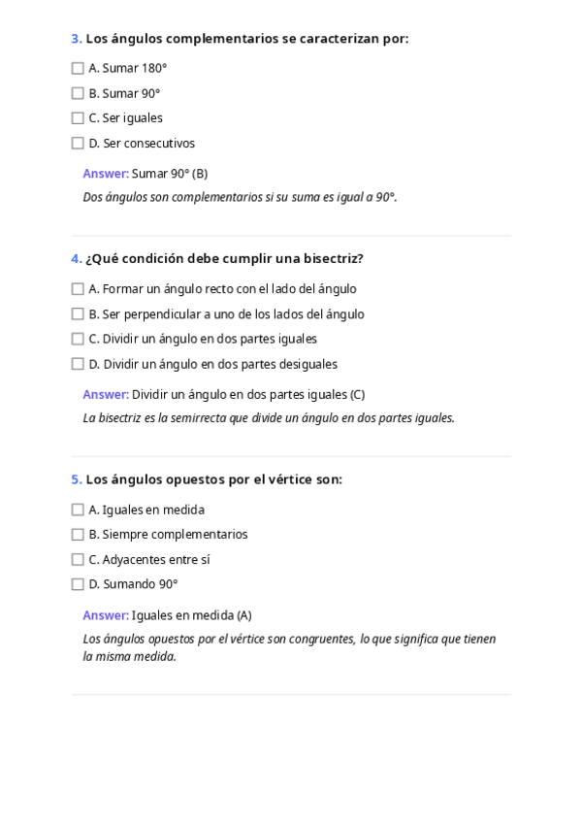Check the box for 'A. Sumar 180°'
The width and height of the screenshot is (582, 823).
pyautogui.click(x=78, y=69)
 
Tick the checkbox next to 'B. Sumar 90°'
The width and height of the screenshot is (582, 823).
pyautogui.click(x=78, y=94)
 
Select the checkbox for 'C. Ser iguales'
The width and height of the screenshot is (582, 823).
pyautogui.click(x=78, y=118)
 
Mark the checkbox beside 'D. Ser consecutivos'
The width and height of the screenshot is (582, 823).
pyautogui.click(x=78, y=144)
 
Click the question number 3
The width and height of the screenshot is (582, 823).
pyautogui.click(x=76, y=39)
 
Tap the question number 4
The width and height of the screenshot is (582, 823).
pyautogui.click(x=76, y=259)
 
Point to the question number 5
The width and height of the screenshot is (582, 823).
pyautogui.click(x=76, y=479)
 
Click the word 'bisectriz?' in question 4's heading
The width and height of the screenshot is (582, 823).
pyautogui.click(x=332, y=259)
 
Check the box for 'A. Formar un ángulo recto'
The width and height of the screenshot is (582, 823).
pyautogui.click(x=78, y=289)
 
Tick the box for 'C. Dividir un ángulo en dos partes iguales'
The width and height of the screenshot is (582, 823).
pyautogui.click(x=78, y=340)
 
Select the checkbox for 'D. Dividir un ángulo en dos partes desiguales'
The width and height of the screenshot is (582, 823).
pyautogui.click(x=78, y=365)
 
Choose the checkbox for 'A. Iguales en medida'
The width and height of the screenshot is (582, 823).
pyautogui.click(x=78, y=510)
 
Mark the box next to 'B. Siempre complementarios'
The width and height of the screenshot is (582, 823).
pyautogui.click(x=78, y=535)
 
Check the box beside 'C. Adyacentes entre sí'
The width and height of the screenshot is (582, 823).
pyautogui.click(x=78, y=560)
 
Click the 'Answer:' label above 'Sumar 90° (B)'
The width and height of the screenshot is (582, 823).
pyautogui.click(x=105, y=174)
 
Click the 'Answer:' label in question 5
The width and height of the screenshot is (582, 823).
pyautogui.click(x=105, y=615)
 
